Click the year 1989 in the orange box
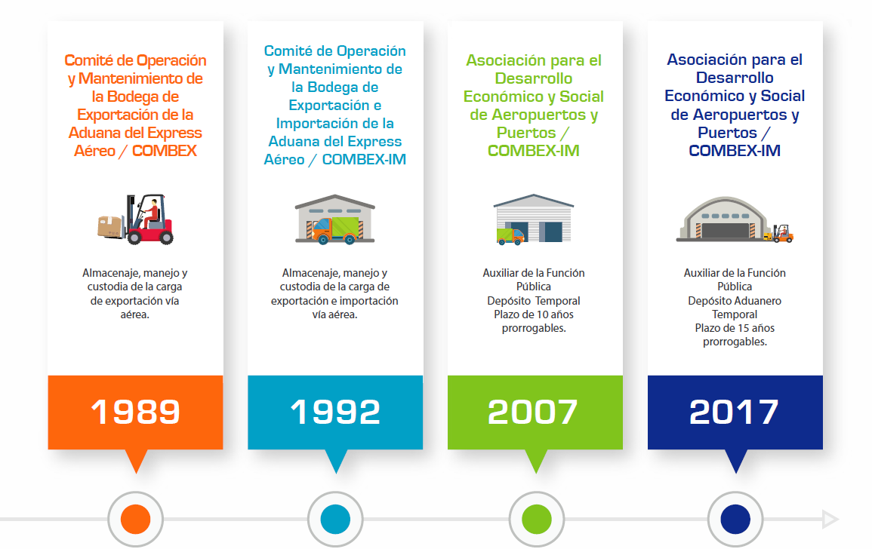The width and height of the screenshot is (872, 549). click(136, 412)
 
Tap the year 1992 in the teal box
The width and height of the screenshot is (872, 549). click(335, 412)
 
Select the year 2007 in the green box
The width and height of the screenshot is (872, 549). click(533, 412)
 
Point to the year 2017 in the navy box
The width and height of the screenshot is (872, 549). click(734, 412)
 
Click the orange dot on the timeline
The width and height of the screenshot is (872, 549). click(136, 519)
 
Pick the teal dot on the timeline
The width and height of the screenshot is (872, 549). click(335, 519)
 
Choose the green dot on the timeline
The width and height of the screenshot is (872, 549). click(537, 519)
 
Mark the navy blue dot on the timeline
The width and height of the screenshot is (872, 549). click(735, 519)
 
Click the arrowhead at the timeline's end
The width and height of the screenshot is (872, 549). click(830, 519)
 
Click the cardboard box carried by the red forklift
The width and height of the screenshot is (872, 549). click(110, 225)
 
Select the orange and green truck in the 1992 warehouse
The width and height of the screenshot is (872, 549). click(335, 231)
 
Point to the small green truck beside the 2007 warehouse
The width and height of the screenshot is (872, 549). click(510, 237)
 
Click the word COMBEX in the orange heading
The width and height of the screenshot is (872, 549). click(164, 151)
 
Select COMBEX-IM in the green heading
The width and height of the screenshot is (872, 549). click(533, 151)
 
